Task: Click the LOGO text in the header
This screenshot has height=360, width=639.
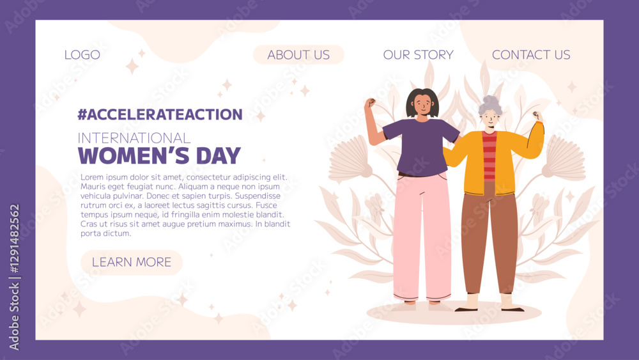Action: (82, 54)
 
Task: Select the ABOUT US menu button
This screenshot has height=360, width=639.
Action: (298, 54)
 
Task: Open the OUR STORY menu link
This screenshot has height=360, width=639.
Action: (418, 54)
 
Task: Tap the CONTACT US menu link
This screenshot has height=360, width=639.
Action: (531, 54)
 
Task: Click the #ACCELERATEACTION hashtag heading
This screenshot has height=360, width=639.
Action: (160, 114)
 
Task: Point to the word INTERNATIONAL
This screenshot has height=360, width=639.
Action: (134, 138)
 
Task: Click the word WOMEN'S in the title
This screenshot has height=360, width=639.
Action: (134, 156)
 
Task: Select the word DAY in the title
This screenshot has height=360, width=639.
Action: (219, 156)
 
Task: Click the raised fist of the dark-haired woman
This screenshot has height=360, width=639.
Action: (370, 103)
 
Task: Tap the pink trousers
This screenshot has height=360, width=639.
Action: (422, 237)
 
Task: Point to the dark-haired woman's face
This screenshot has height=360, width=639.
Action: (422, 106)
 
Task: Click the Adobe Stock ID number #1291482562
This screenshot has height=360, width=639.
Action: (14, 239)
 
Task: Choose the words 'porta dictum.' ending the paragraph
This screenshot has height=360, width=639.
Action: (106, 233)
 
